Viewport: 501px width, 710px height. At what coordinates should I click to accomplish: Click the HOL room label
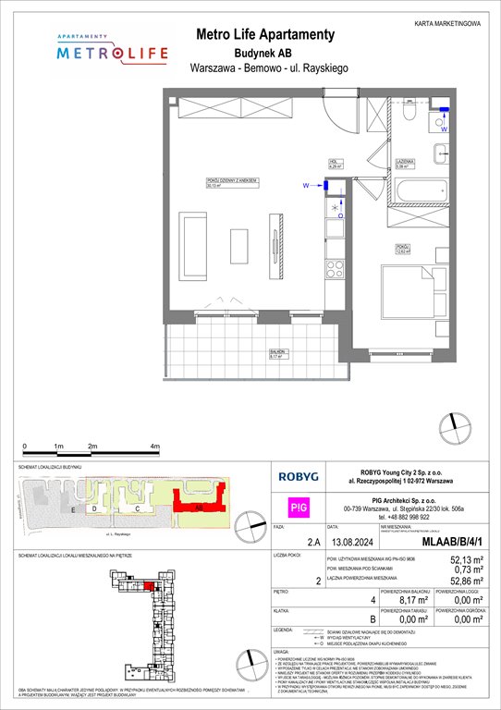[x=336, y=164]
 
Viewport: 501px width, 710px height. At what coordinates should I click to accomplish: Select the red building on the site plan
[x=197, y=508]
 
